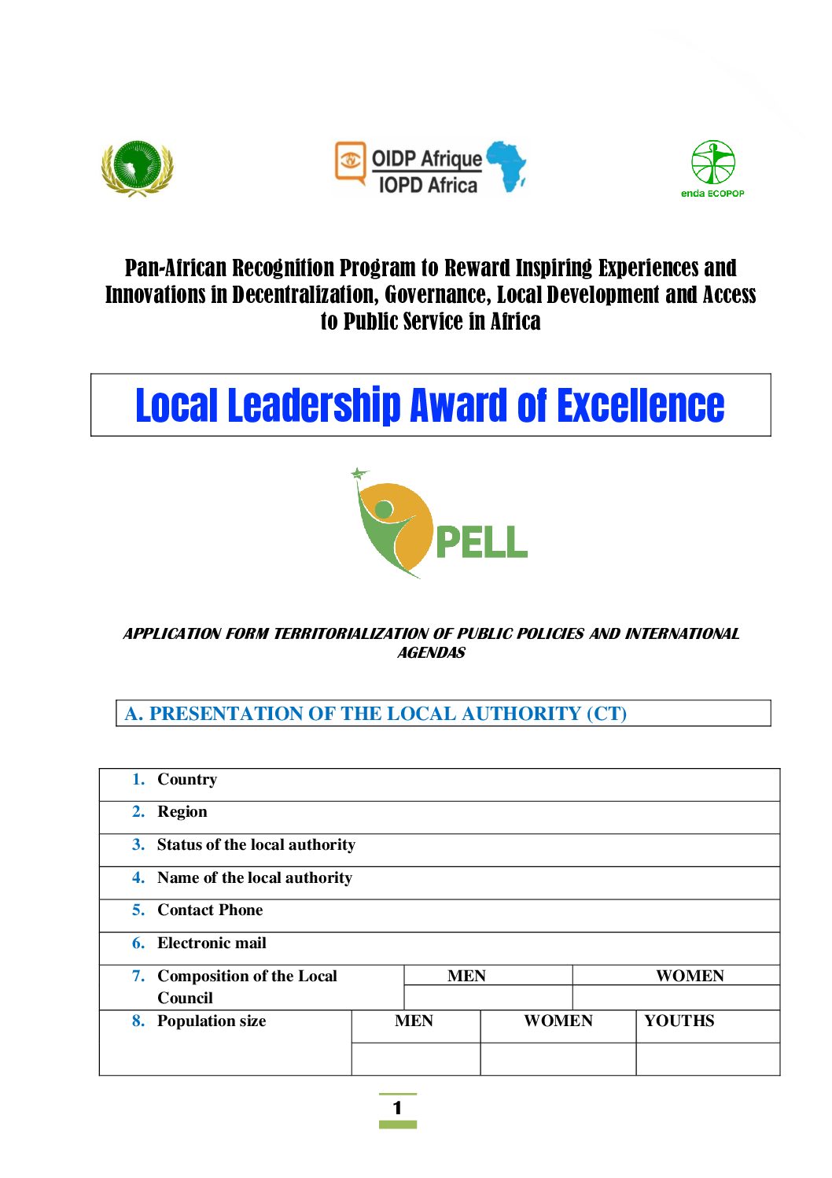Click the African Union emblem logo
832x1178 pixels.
137,168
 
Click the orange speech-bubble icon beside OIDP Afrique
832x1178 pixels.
351,161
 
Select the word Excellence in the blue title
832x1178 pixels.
640,406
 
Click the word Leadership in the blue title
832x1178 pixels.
315,406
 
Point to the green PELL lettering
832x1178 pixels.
480,542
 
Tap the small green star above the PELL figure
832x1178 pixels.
359,474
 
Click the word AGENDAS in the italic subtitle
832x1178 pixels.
431,652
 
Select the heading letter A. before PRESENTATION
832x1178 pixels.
134,714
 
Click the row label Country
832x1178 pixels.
187,779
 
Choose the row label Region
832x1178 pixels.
182,811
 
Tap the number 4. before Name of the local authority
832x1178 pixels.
138,877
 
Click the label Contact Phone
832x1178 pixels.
210,910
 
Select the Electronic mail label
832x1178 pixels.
212,943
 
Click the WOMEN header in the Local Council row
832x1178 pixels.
690,976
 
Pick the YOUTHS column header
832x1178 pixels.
679,1021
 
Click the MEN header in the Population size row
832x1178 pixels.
414,1021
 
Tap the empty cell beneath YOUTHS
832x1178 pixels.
707,1058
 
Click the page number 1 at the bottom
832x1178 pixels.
397,1108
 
